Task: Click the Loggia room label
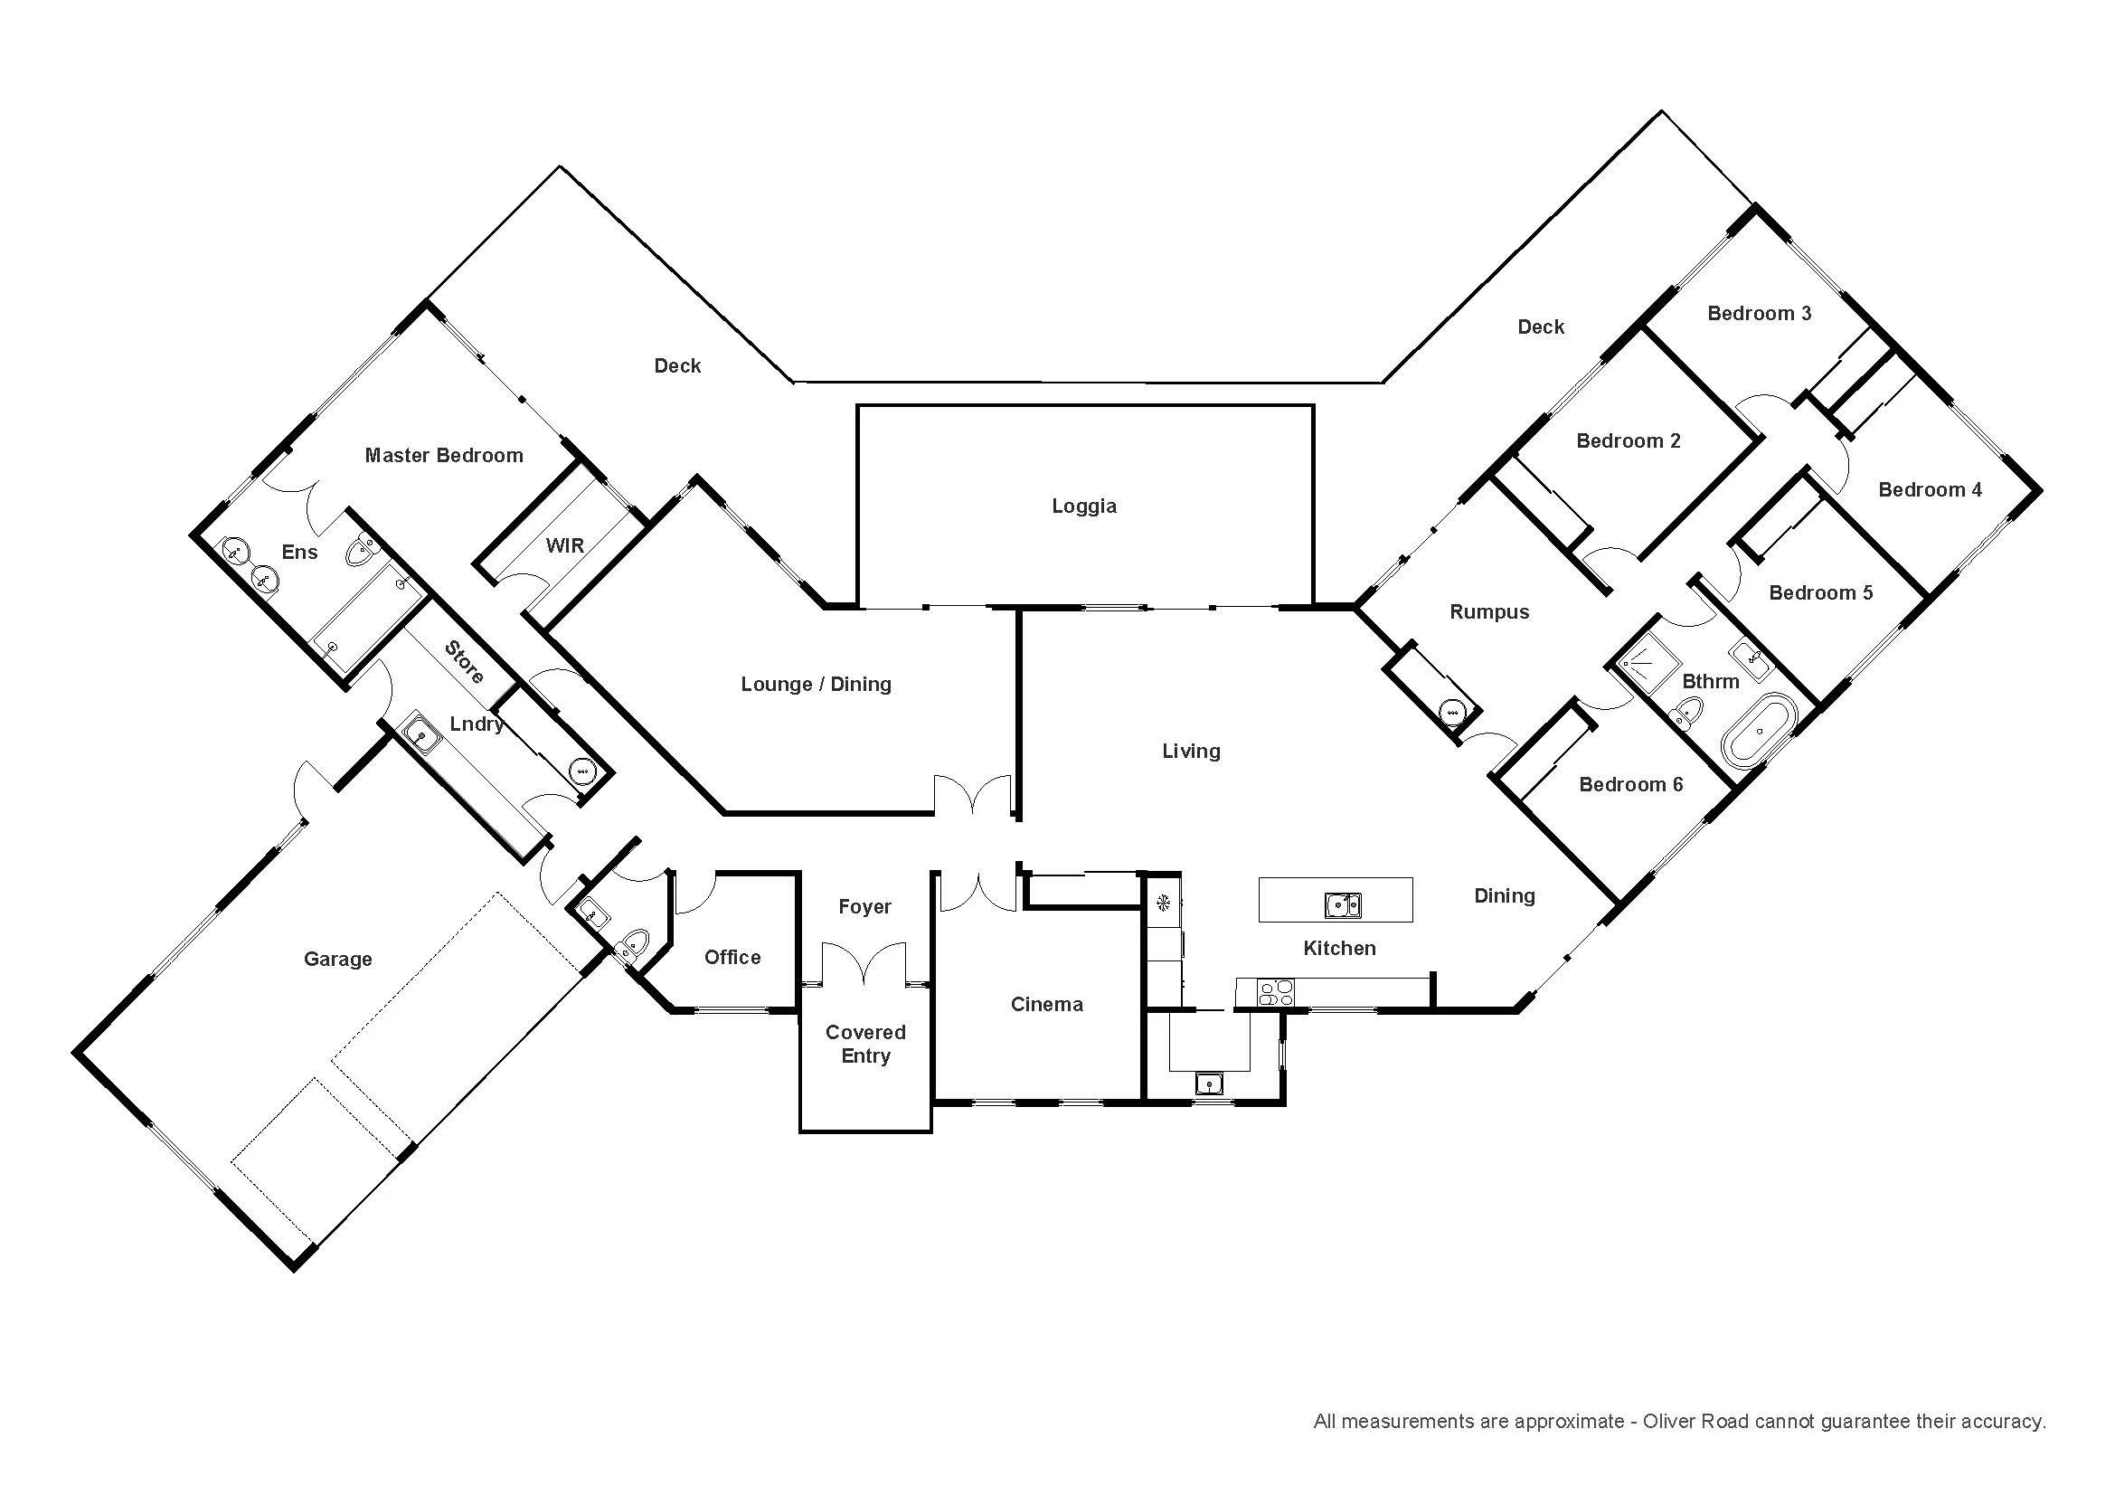[x=1084, y=506]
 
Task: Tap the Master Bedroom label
[x=444, y=455]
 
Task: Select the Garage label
[x=338, y=960]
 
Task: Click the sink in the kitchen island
[x=1343, y=905]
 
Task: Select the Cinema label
[x=1046, y=1004]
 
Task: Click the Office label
[x=732, y=957]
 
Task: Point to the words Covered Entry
[x=866, y=1044]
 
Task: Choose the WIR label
[x=564, y=545]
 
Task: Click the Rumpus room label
[x=1489, y=612]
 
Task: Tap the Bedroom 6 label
[x=1631, y=785]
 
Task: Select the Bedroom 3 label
[x=1760, y=313]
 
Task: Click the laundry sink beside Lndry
[x=423, y=734]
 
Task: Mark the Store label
[x=464, y=662]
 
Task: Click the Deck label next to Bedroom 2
[x=1541, y=327]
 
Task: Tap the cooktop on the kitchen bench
[x=1276, y=992]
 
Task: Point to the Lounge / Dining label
[x=817, y=685]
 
